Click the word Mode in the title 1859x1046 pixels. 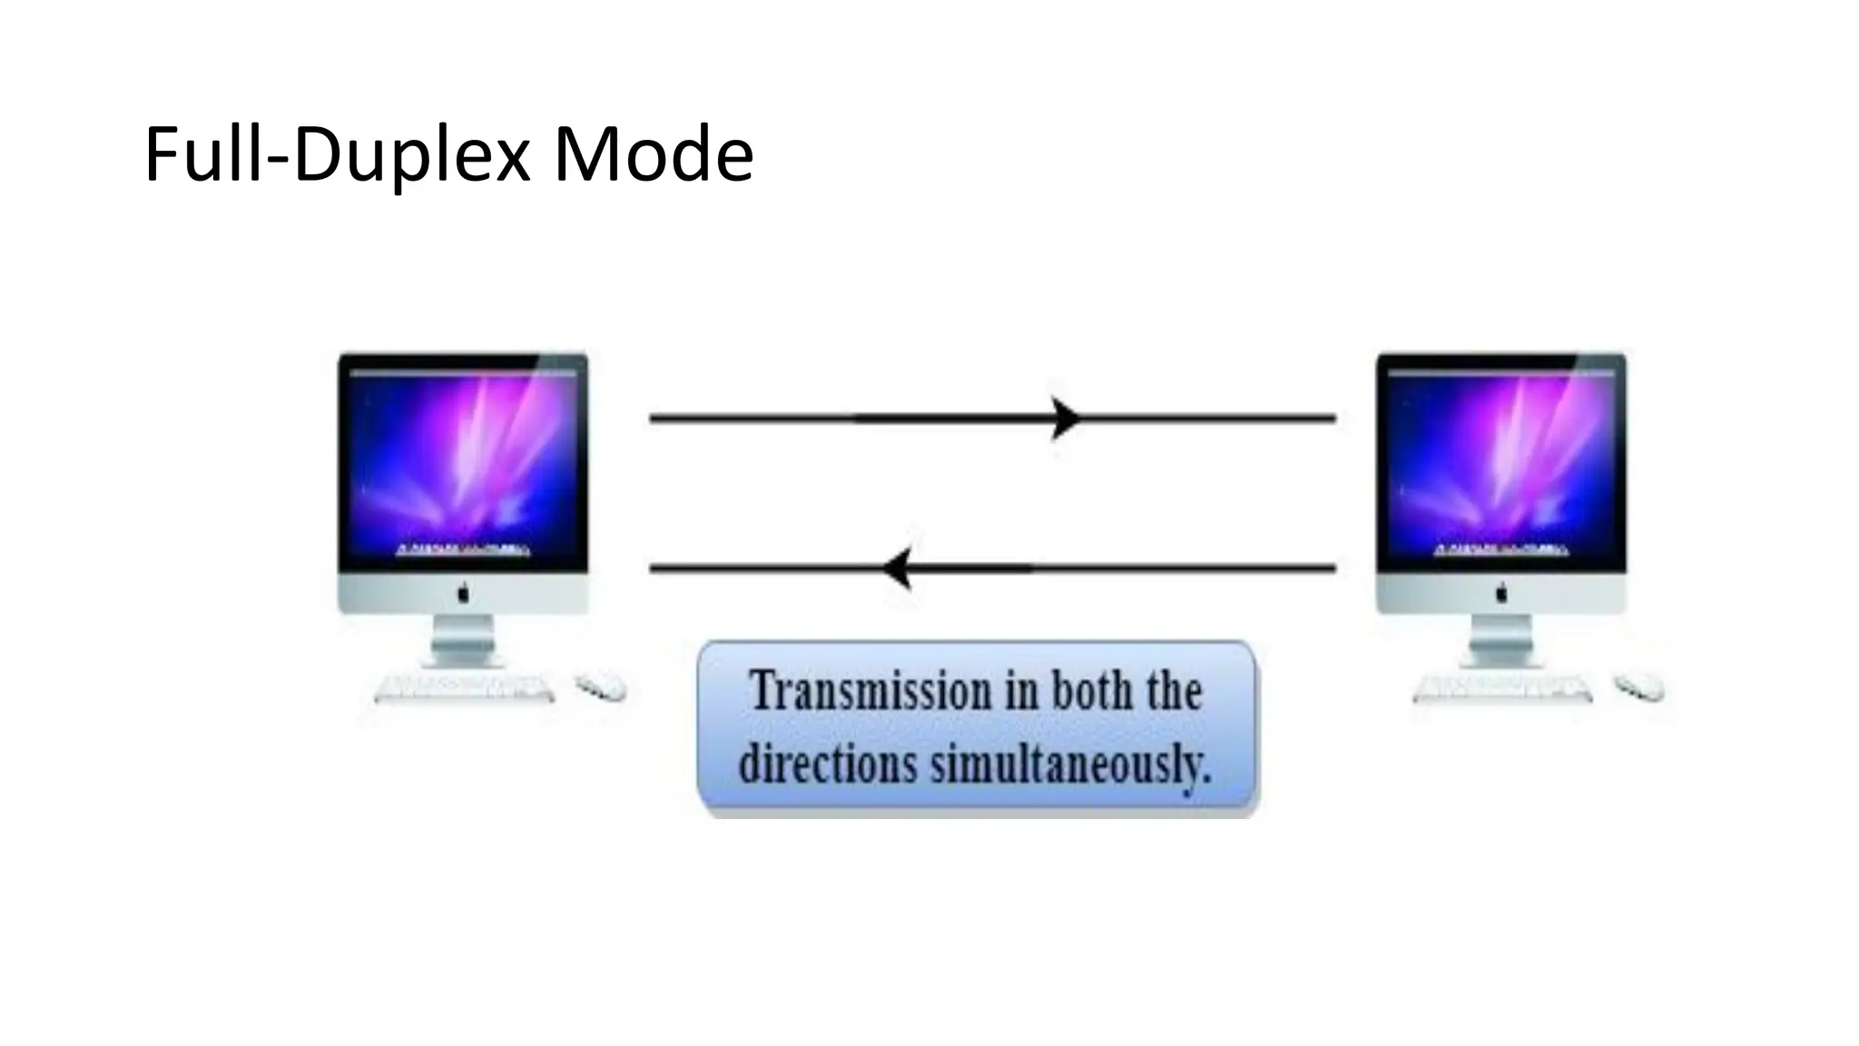coord(654,154)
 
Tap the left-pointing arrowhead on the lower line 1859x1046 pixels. coord(898,569)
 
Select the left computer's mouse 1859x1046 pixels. coord(601,686)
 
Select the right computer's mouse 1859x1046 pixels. coord(1639,686)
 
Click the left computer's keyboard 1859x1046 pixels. coord(464,688)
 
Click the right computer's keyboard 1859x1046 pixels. coord(1502,688)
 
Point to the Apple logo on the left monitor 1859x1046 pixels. coord(463,594)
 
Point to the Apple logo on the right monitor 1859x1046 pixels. coord(1501,594)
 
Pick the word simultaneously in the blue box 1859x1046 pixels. coord(1071,764)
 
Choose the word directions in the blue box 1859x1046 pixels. coord(827,764)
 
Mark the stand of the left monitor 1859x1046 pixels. coord(463,641)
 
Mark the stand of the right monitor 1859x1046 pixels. coord(1501,641)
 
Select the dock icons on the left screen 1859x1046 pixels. coord(463,550)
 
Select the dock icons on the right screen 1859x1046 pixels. coord(1501,550)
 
